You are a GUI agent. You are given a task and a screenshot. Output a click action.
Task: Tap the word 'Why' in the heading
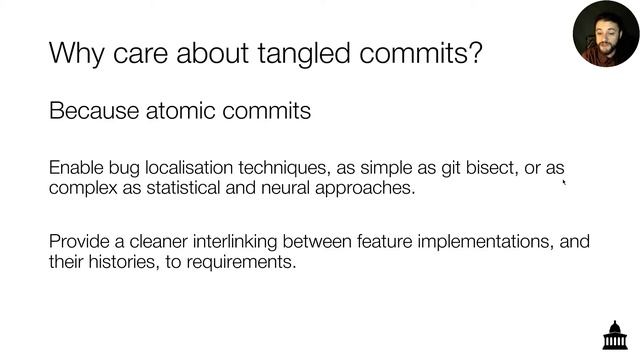(x=75, y=52)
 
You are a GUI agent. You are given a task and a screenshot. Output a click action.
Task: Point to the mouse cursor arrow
(x=565, y=182)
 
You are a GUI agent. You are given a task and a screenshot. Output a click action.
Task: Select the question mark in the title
(x=474, y=52)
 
